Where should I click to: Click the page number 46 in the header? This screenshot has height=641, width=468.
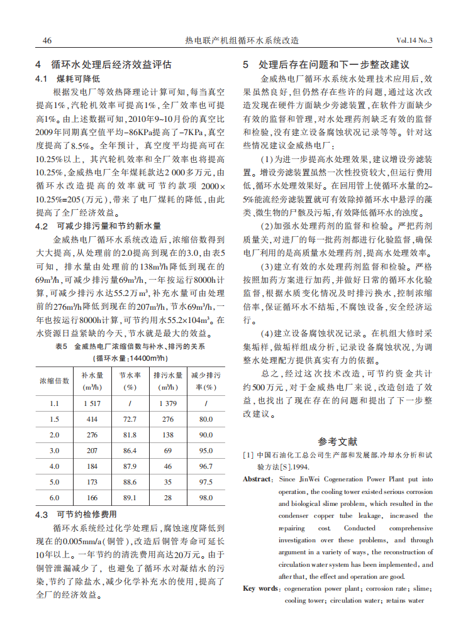click(x=47, y=40)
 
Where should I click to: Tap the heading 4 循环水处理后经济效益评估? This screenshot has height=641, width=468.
click(x=103, y=65)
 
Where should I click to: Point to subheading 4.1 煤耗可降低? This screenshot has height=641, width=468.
click(x=68, y=79)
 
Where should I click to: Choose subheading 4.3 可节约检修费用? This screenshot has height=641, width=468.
click(x=75, y=515)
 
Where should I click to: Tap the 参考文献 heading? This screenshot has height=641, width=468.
click(x=337, y=442)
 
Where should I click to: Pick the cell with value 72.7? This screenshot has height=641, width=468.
click(x=130, y=419)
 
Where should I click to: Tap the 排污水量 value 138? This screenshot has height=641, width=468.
click(x=168, y=435)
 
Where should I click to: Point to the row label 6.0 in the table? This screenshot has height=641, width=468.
click(x=55, y=497)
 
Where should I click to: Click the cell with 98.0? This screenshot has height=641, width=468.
click(x=206, y=497)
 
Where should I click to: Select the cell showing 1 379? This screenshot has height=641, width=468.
click(x=168, y=403)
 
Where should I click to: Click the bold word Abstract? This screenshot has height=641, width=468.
click(x=259, y=479)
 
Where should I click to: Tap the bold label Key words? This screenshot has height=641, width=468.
click(x=260, y=588)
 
